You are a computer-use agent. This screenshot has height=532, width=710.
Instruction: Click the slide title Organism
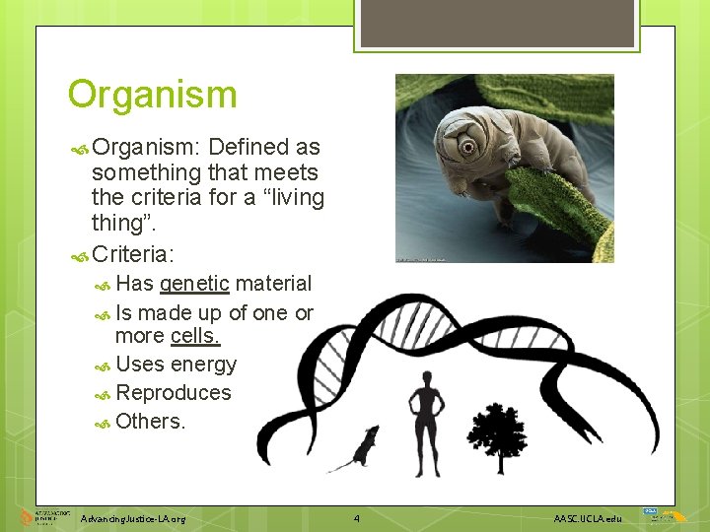click(x=152, y=95)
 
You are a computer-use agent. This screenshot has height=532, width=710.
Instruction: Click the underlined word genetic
click(x=194, y=284)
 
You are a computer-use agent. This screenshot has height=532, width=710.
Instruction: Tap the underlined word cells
click(x=195, y=336)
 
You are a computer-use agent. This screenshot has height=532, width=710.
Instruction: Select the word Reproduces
click(x=173, y=392)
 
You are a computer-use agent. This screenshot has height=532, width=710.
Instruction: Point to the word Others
click(x=150, y=421)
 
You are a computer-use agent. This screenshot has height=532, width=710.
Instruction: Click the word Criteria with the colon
click(x=132, y=254)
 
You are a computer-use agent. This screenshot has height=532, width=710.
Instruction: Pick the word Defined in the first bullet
click(x=250, y=148)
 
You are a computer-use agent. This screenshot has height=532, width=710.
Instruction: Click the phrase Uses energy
click(x=176, y=365)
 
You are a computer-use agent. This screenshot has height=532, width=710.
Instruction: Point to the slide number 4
click(x=357, y=517)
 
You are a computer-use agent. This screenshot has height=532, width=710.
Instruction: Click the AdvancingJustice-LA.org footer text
click(x=133, y=518)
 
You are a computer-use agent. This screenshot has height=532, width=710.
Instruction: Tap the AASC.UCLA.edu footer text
click(x=588, y=518)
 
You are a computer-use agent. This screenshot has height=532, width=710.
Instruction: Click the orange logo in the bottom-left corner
click(x=27, y=517)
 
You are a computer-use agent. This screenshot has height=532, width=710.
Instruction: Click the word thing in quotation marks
click(x=121, y=224)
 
